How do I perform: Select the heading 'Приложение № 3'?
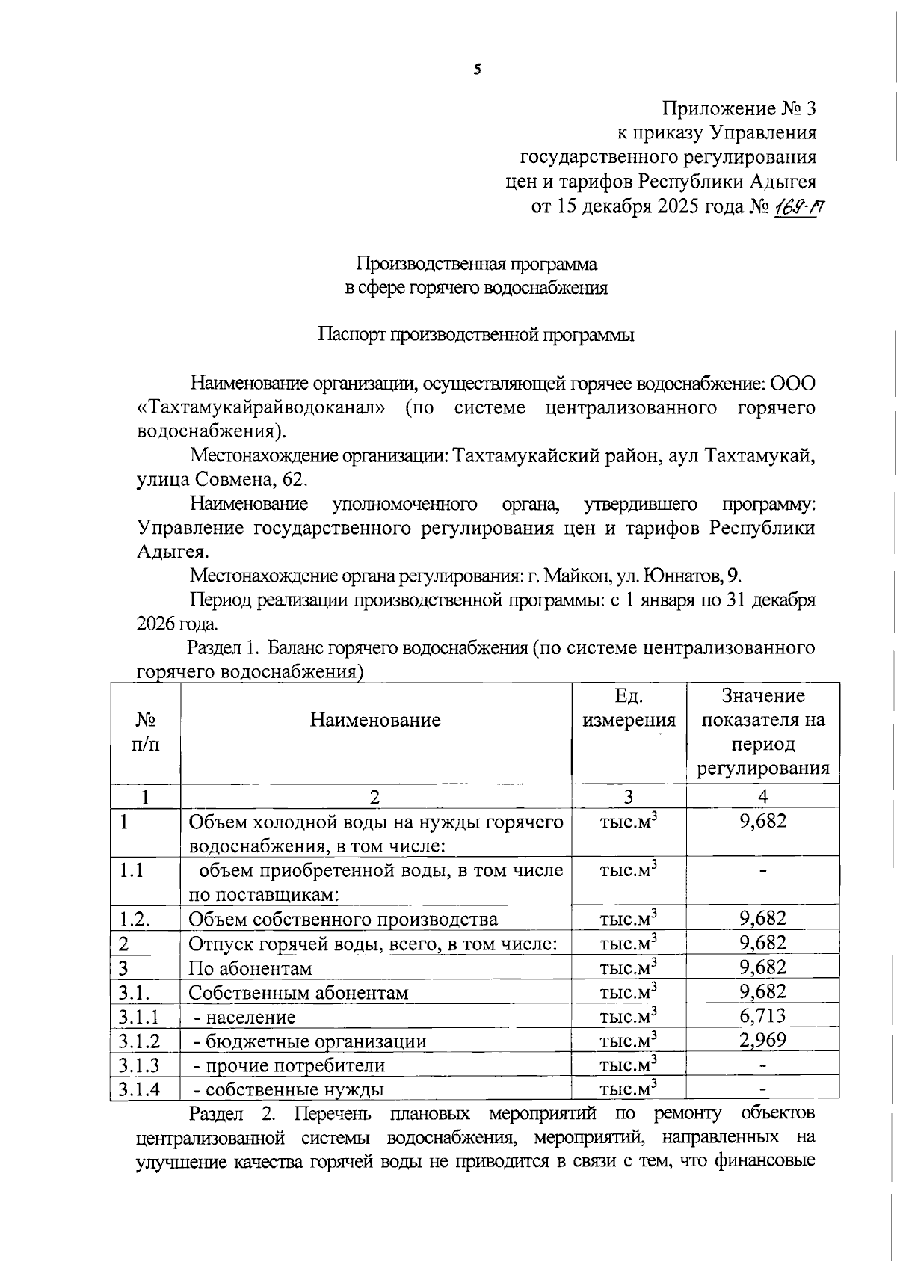click(739, 109)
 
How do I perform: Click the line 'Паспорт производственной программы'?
click(476, 335)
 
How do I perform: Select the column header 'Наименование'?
click(375, 721)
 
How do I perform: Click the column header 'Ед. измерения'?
click(629, 708)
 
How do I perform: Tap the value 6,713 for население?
click(762, 1016)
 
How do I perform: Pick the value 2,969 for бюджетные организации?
click(762, 1040)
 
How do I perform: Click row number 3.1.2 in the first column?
click(139, 1041)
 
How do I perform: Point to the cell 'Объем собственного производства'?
click(343, 919)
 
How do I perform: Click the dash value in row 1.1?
click(762, 870)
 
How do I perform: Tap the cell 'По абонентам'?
click(250, 968)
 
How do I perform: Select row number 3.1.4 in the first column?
click(139, 1089)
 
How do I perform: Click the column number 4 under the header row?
click(762, 797)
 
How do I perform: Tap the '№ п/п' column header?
click(146, 732)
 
